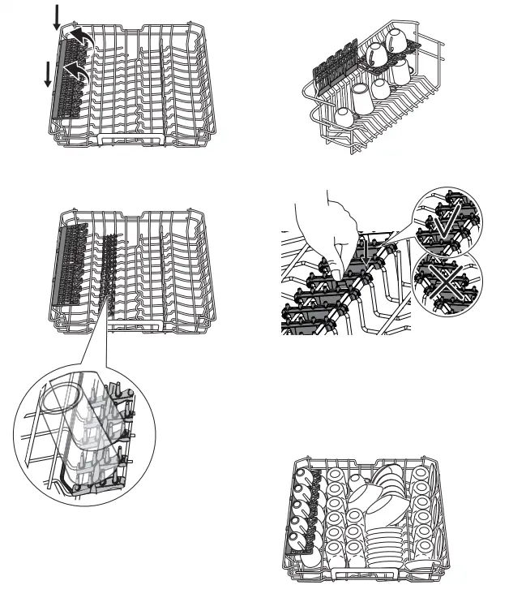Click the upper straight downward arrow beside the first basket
point(56,15)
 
